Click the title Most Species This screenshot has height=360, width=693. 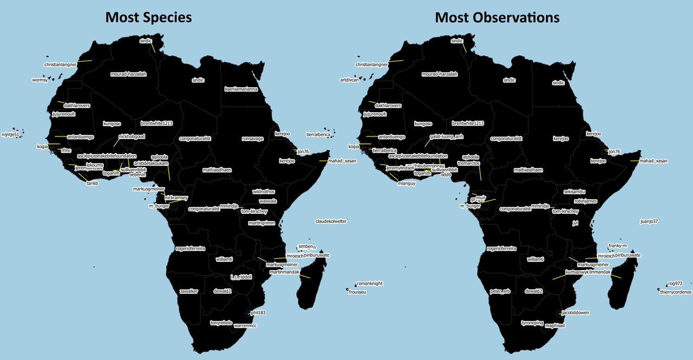pyautogui.click(x=148, y=17)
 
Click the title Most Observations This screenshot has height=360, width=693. pyautogui.click(x=497, y=17)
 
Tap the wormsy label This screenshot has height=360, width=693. pyautogui.click(x=40, y=80)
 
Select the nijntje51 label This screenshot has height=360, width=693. pyautogui.click(x=10, y=134)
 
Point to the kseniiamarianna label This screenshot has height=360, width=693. pyautogui.click(x=241, y=89)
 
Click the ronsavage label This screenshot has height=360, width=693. pyautogui.click(x=252, y=139)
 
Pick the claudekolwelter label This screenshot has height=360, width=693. pyautogui.click(x=331, y=221)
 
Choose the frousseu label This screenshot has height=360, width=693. pyautogui.click(x=358, y=292)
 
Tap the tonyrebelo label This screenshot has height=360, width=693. pyautogui.click(x=221, y=323)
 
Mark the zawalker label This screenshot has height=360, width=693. pyautogui.click(x=189, y=291)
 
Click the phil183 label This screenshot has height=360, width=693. pyautogui.click(x=258, y=312)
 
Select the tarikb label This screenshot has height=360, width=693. pyautogui.click(x=92, y=184)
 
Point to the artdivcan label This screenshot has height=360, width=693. pyautogui.click(x=349, y=80)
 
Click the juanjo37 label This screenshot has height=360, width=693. pyautogui.click(x=649, y=221)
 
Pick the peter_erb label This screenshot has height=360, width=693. pyautogui.click(x=500, y=291)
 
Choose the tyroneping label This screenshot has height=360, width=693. pyautogui.click(x=532, y=323)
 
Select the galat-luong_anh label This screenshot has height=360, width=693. pyautogui.click(x=446, y=137)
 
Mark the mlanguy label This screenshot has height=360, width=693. pyautogui.click(x=407, y=184)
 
